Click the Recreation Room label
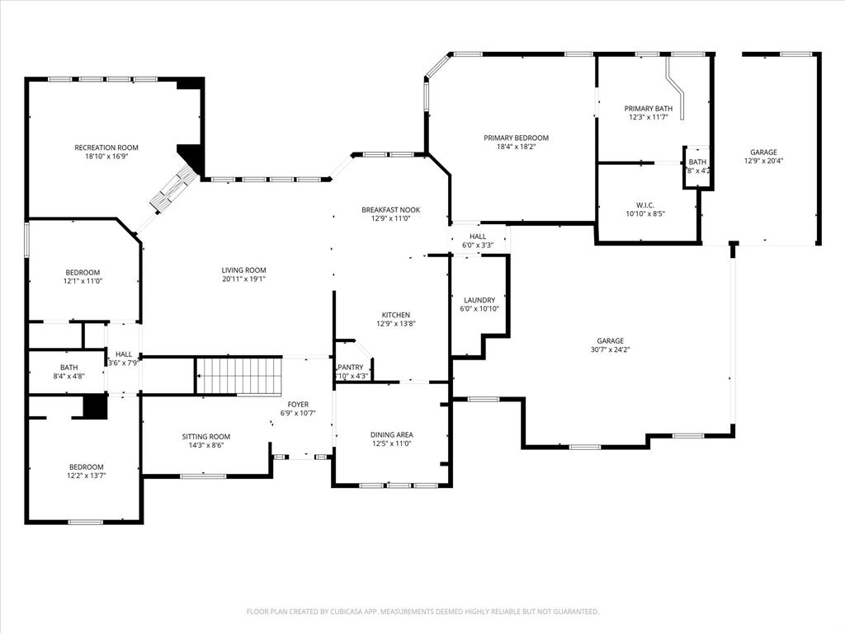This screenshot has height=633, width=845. click(106, 148)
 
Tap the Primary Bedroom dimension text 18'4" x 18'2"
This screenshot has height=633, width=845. click(516, 148)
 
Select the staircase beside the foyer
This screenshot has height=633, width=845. click(239, 376)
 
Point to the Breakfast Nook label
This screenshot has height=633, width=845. click(390, 210)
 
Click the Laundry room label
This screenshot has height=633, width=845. click(479, 300)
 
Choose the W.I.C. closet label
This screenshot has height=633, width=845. click(645, 204)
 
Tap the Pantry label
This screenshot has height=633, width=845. click(351, 368)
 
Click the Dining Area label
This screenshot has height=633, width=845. click(391, 434)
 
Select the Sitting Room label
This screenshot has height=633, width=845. click(206, 437)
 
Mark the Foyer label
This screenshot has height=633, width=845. click(298, 405)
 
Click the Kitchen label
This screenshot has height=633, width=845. click(395, 315)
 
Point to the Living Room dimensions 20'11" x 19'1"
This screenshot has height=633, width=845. click(243, 279)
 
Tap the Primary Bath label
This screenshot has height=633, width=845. click(648, 109)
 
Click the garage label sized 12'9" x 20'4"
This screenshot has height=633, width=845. click(763, 152)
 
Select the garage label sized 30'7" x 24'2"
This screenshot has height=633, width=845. click(611, 341)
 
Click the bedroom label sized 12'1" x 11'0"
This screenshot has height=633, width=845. click(83, 273)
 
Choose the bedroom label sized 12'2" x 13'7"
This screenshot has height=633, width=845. click(87, 467)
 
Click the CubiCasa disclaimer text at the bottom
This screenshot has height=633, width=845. click(422, 612)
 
